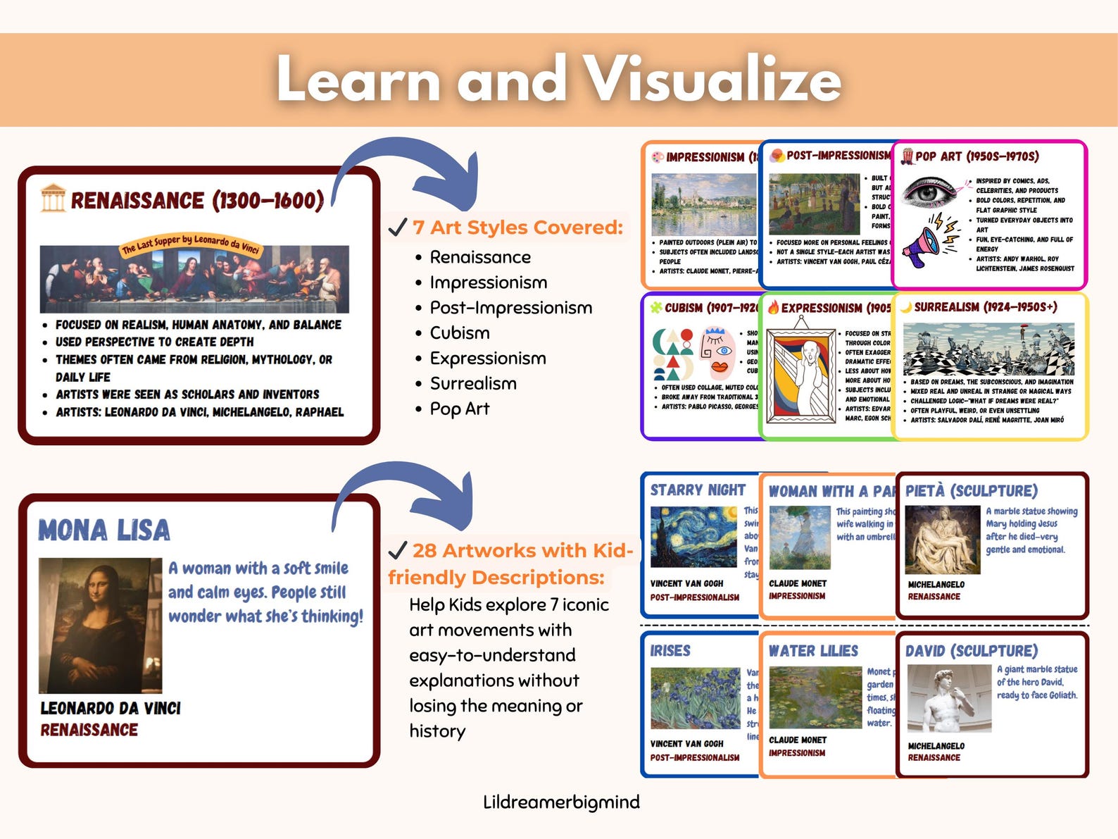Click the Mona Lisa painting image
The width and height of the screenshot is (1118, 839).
(x=100, y=625)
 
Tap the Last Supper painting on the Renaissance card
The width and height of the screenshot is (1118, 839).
(x=194, y=279)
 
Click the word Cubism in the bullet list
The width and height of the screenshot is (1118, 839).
(x=460, y=333)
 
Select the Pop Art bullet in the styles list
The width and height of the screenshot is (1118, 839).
(x=460, y=409)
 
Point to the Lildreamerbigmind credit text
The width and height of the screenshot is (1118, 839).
(x=561, y=802)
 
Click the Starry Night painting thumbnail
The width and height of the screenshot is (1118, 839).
(x=693, y=537)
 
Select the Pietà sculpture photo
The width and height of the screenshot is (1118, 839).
(x=942, y=540)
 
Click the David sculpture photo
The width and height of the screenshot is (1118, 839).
(x=948, y=698)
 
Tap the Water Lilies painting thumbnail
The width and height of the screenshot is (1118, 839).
(x=815, y=697)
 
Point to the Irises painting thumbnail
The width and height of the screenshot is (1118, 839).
(x=695, y=697)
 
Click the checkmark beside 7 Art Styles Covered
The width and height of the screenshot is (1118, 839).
(x=398, y=227)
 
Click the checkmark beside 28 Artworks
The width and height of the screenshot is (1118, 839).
(x=398, y=550)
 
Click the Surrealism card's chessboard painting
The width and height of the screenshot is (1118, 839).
(x=988, y=349)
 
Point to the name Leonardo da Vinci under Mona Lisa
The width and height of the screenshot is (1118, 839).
(x=111, y=708)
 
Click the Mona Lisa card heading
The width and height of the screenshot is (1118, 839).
(x=104, y=530)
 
